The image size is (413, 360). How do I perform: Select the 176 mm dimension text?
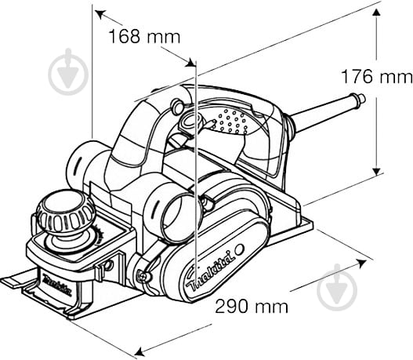click(375, 77)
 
